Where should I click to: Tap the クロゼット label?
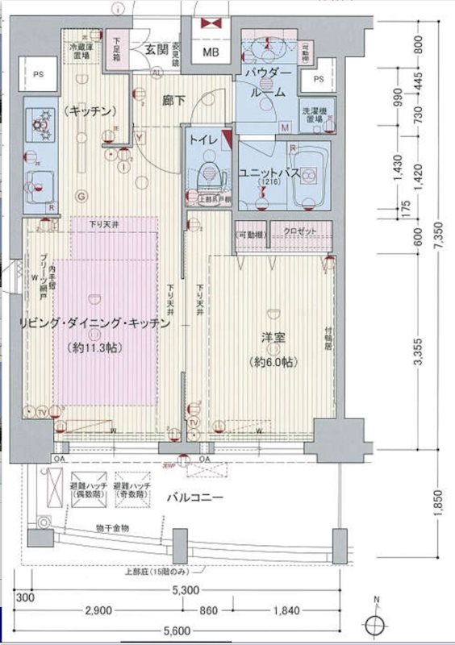[x=299, y=232]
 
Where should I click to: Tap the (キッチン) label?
[x=88, y=110]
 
